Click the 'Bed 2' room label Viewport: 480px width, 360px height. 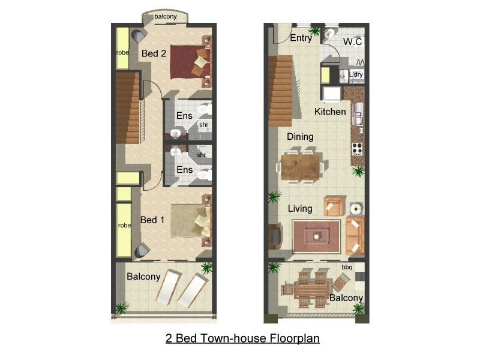click(154, 53)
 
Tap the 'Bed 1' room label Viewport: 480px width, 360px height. click(152, 220)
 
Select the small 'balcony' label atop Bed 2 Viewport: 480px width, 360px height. click(165, 17)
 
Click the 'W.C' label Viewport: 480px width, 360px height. click(353, 42)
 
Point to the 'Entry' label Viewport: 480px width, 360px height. click(301, 38)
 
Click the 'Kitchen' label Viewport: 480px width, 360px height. click(330, 112)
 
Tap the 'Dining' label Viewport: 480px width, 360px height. click(299, 137)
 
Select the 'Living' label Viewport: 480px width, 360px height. click(299, 209)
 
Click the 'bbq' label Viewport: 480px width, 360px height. click(347, 266)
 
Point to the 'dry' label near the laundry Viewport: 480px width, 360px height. click(358, 74)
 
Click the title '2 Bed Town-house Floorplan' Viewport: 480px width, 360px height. click(242, 338)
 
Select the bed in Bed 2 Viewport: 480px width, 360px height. click(190, 61)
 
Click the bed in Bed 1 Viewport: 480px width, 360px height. click(190, 221)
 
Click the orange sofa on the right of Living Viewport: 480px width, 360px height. click(355, 235)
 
